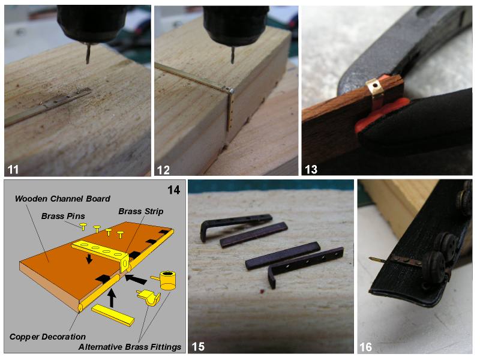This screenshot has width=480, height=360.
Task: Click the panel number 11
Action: (x=13, y=169)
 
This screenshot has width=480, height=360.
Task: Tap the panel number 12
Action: (x=163, y=170)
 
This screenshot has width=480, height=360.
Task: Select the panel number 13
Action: (x=311, y=169)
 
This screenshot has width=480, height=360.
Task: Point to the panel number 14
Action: (x=173, y=190)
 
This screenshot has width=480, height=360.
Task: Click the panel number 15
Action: (x=198, y=346)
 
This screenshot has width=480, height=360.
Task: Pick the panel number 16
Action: (x=365, y=347)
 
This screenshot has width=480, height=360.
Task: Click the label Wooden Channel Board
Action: (x=62, y=199)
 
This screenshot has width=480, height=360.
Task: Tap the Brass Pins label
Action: (x=63, y=216)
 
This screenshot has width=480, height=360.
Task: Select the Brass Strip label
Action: (x=141, y=211)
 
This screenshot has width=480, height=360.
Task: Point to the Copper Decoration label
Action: (x=47, y=337)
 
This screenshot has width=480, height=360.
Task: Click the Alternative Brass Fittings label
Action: (x=130, y=347)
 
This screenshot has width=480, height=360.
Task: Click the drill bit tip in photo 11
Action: (x=88, y=62)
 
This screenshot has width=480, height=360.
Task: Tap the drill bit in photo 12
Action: (x=233, y=55)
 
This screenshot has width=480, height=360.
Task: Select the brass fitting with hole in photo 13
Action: (x=373, y=86)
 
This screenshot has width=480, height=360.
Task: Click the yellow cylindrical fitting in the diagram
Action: (x=166, y=280)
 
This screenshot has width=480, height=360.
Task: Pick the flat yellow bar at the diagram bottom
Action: (x=113, y=315)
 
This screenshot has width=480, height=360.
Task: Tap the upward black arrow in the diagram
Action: (x=112, y=298)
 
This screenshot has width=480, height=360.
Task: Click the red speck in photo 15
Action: (x=261, y=291)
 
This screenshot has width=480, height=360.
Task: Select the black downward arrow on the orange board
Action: (x=89, y=259)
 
